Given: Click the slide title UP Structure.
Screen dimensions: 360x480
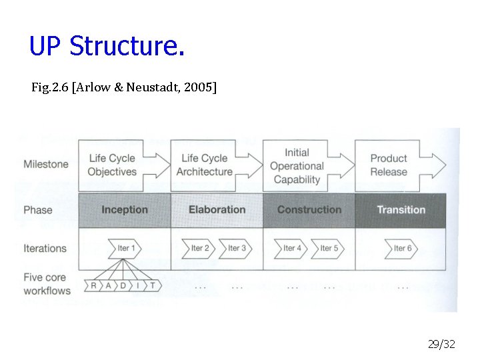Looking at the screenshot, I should click(107, 47).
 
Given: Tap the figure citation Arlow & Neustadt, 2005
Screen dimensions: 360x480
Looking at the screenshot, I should click(123, 87).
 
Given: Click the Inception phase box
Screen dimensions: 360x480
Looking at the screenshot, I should click(125, 209).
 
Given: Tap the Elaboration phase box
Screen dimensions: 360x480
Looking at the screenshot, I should click(217, 209).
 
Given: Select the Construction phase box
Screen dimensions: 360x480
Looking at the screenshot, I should click(309, 209).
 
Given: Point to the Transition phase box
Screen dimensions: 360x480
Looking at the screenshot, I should click(401, 209).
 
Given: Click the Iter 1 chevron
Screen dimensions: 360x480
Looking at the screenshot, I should click(125, 248).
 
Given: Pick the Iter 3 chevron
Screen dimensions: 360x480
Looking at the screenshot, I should click(236, 248).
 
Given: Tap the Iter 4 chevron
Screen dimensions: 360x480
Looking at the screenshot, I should click(291, 248).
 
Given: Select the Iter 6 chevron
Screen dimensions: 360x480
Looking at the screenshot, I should click(401, 248).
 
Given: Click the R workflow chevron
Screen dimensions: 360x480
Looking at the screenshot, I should click(93, 285).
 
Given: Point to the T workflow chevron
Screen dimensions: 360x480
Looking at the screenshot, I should click(153, 285).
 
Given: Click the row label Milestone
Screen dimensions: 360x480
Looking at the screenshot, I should click(45, 164).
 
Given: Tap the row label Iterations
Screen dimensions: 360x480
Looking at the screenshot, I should click(45, 249).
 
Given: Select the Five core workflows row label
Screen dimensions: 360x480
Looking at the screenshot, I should click(47, 285).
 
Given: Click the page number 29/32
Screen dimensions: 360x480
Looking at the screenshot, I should click(441, 344).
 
